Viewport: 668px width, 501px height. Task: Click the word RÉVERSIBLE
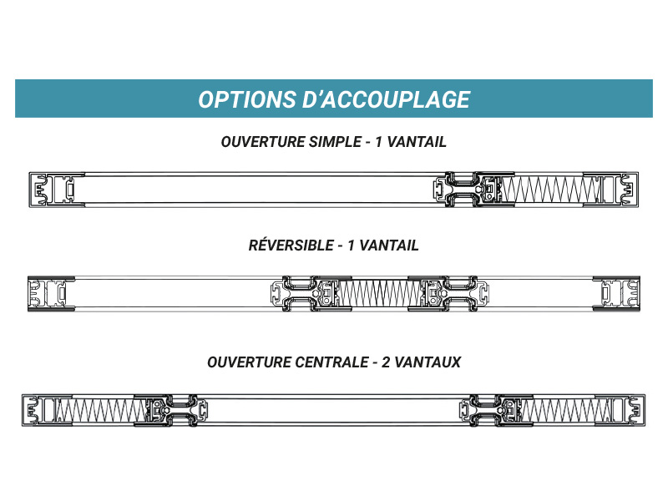(291, 246)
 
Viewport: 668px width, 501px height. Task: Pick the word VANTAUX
(428, 362)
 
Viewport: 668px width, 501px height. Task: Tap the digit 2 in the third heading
(384, 362)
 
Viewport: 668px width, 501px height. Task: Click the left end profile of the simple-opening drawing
(51, 190)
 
